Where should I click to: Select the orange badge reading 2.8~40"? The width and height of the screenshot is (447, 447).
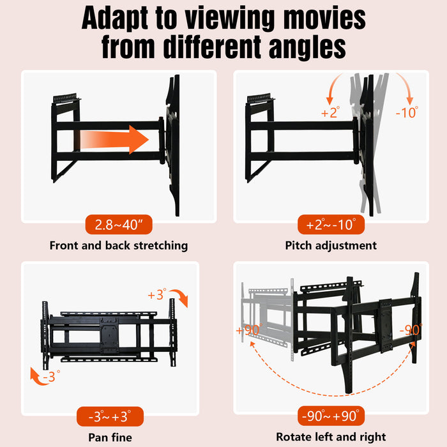(x=119, y=225)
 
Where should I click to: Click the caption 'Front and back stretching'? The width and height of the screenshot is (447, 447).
(x=119, y=245)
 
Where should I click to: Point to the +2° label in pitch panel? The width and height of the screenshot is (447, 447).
(x=330, y=113)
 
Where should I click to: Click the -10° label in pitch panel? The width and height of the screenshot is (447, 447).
(x=406, y=113)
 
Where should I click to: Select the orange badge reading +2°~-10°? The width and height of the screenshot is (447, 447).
(x=331, y=225)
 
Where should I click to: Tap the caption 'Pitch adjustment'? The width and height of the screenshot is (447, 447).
(x=331, y=245)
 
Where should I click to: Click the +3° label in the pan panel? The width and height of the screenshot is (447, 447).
(x=156, y=294)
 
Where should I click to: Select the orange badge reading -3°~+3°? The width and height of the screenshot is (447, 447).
(x=110, y=418)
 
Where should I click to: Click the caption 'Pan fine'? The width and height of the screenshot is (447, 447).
(x=110, y=437)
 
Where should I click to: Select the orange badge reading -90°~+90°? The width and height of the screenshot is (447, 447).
(x=331, y=418)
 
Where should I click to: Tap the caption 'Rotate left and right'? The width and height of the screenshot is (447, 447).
(x=331, y=437)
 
